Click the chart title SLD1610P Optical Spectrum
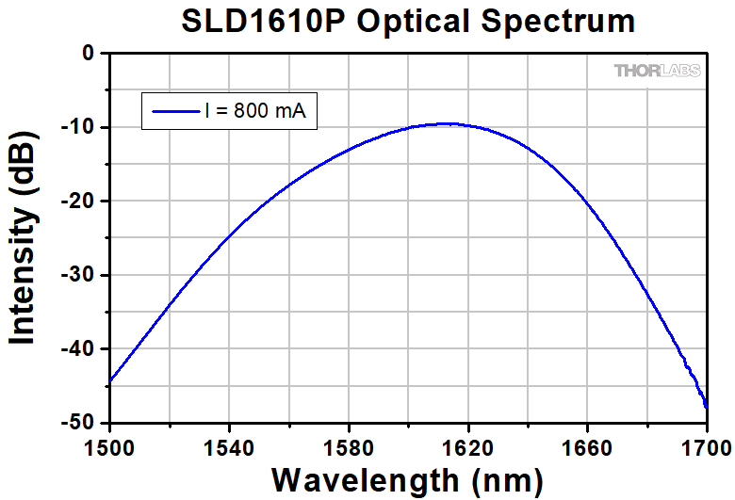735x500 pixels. point(407,22)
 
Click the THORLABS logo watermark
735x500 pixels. point(658,71)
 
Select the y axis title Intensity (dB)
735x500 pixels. point(24,237)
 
